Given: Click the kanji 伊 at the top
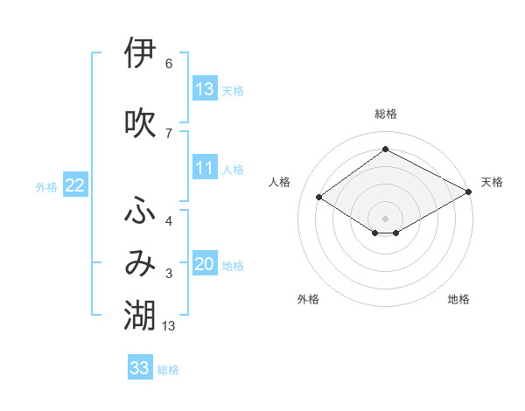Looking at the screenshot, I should click(x=141, y=53).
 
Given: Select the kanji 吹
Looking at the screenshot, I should click(x=141, y=123).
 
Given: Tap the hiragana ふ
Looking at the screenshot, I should click(x=141, y=211).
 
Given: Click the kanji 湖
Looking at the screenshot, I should click(x=141, y=316).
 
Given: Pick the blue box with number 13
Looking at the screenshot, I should click(x=205, y=89).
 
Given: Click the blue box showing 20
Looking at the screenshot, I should click(x=205, y=265).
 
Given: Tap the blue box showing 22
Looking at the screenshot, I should click(x=75, y=185).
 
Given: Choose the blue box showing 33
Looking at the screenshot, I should click(x=140, y=368).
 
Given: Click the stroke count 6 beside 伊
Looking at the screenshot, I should click(x=169, y=64).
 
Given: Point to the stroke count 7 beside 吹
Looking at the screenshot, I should click(x=169, y=133).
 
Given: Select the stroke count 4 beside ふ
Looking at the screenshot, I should click(x=169, y=220).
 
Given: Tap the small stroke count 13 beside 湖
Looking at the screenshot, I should click(x=170, y=326).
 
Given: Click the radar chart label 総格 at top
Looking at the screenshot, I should click(x=385, y=114).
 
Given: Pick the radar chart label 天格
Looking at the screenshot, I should click(x=492, y=182).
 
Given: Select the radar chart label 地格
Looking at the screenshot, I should click(x=458, y=299).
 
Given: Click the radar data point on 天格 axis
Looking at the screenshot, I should click(x=470, y=192).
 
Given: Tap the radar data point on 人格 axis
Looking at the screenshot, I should click(x=319, y=198).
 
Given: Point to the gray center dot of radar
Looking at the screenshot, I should click(x=385, y=218).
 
